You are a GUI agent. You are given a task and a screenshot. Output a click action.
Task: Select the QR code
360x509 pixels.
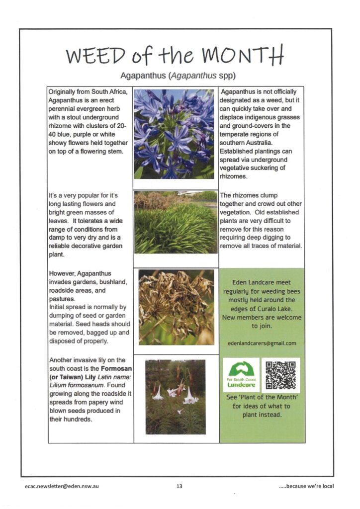coord(280,375)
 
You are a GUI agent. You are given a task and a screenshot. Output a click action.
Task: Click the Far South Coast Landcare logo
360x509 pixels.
coord(241,375)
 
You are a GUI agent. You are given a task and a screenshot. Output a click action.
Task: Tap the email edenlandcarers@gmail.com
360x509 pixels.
coord(262,343)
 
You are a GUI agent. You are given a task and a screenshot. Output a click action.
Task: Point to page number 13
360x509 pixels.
coord(179,486)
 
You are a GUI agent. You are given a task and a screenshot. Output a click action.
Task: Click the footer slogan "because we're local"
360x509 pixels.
coord(306,486)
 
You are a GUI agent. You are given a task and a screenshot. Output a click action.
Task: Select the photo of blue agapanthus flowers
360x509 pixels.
coord(174,134)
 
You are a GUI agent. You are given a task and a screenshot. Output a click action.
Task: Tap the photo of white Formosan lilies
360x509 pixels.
coord(175,396)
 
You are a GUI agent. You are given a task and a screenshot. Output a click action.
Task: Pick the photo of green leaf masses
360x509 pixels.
coord(176,222)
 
